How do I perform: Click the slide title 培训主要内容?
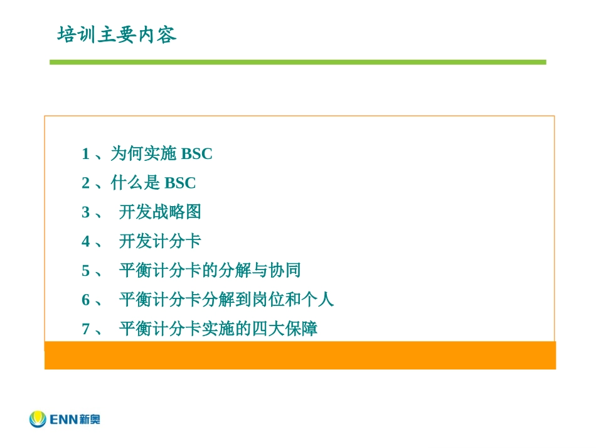(x=117, y=35)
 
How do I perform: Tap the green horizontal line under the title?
(x=298, y=62)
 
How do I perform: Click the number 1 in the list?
(x=85, y=154)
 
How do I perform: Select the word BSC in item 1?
(x=196, y=154)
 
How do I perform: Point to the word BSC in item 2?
(x=180, y=183)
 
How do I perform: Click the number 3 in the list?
(x=85, y=212)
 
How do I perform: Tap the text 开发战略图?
(x=160, y=212)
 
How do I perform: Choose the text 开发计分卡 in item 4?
(x=160, y=242)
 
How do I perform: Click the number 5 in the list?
(x=85, y=271)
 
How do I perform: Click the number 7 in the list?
(x=85, y=329)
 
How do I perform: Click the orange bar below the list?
(x=300, y=355)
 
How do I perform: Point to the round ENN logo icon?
(x=38, y=418)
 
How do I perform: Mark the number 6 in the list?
(x=85, y=300)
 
